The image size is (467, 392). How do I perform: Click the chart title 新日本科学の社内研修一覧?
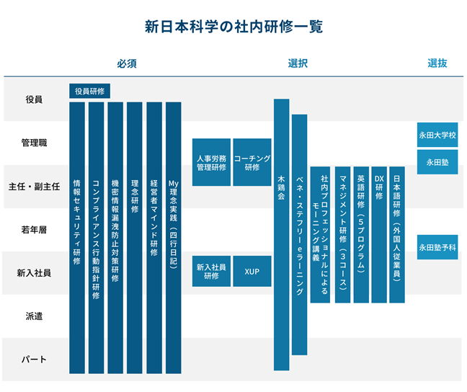[233, 27]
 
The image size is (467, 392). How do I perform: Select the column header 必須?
[127, 63]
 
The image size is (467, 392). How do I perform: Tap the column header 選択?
[298, 63]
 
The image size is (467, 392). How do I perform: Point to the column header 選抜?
[437, 63]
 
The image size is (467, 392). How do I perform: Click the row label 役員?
[34, 99]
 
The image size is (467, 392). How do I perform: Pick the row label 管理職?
[34, 143]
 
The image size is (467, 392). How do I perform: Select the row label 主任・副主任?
[34, 187]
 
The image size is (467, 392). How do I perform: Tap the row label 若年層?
[34, 230]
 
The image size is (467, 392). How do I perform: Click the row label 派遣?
[34, 316]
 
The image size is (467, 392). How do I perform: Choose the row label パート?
[34, 360]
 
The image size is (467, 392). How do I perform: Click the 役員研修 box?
[89, 91]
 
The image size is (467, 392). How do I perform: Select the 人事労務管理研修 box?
[211, 162]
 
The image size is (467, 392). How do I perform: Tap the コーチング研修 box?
[252, 162]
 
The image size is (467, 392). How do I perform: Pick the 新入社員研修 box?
[211, 272]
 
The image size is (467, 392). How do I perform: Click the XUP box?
[252, 272]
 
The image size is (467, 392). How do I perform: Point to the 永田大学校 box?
[437, 135]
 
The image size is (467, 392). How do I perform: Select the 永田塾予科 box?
[437, 247]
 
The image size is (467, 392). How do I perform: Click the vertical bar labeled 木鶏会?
[282, 235]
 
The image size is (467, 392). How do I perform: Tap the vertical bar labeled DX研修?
[379, 235]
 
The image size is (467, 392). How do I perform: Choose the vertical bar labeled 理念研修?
[135, 238]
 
